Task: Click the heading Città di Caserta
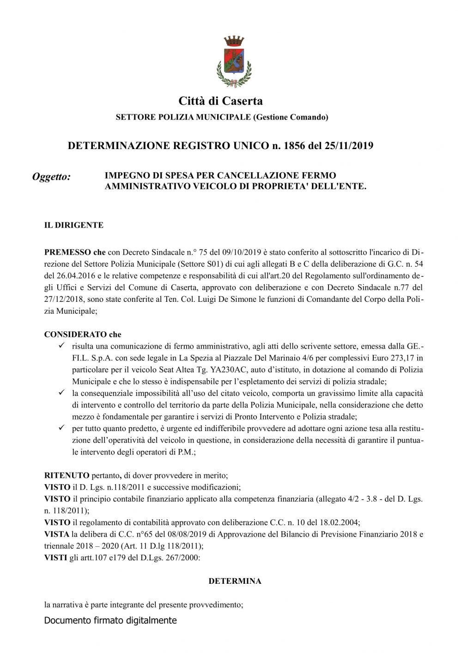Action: (x=220, y=101)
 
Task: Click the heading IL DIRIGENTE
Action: (x=73, y=225)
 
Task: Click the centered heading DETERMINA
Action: (x=235, y=581)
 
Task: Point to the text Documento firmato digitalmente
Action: (x=110, y=621)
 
